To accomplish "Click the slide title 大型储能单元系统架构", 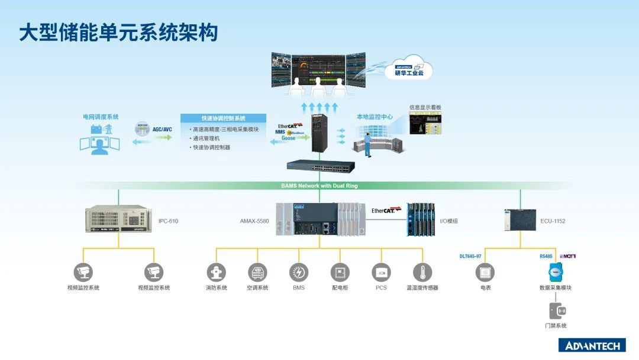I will [118, 32].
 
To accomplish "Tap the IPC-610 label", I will [168, 221].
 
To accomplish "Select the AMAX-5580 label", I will [254, 221].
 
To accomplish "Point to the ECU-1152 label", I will [553, 221].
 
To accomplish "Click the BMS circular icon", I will [299, 272].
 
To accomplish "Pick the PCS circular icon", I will [381, 272].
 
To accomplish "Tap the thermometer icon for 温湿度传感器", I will [422, 272].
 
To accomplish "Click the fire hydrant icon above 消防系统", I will [216, 272].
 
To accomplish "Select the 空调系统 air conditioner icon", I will [257, 272].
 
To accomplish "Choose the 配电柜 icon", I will [340, 272].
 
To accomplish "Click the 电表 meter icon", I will [485, 272].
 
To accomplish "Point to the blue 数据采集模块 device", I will [556, 272].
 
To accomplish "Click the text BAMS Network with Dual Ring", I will [319, 186].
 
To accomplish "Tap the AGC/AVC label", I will [162, 129].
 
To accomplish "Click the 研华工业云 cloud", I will [414, 70].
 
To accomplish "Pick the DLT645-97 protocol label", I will [470, 256].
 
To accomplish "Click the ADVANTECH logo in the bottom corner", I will [592, 346].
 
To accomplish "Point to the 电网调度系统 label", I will [101, 117].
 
